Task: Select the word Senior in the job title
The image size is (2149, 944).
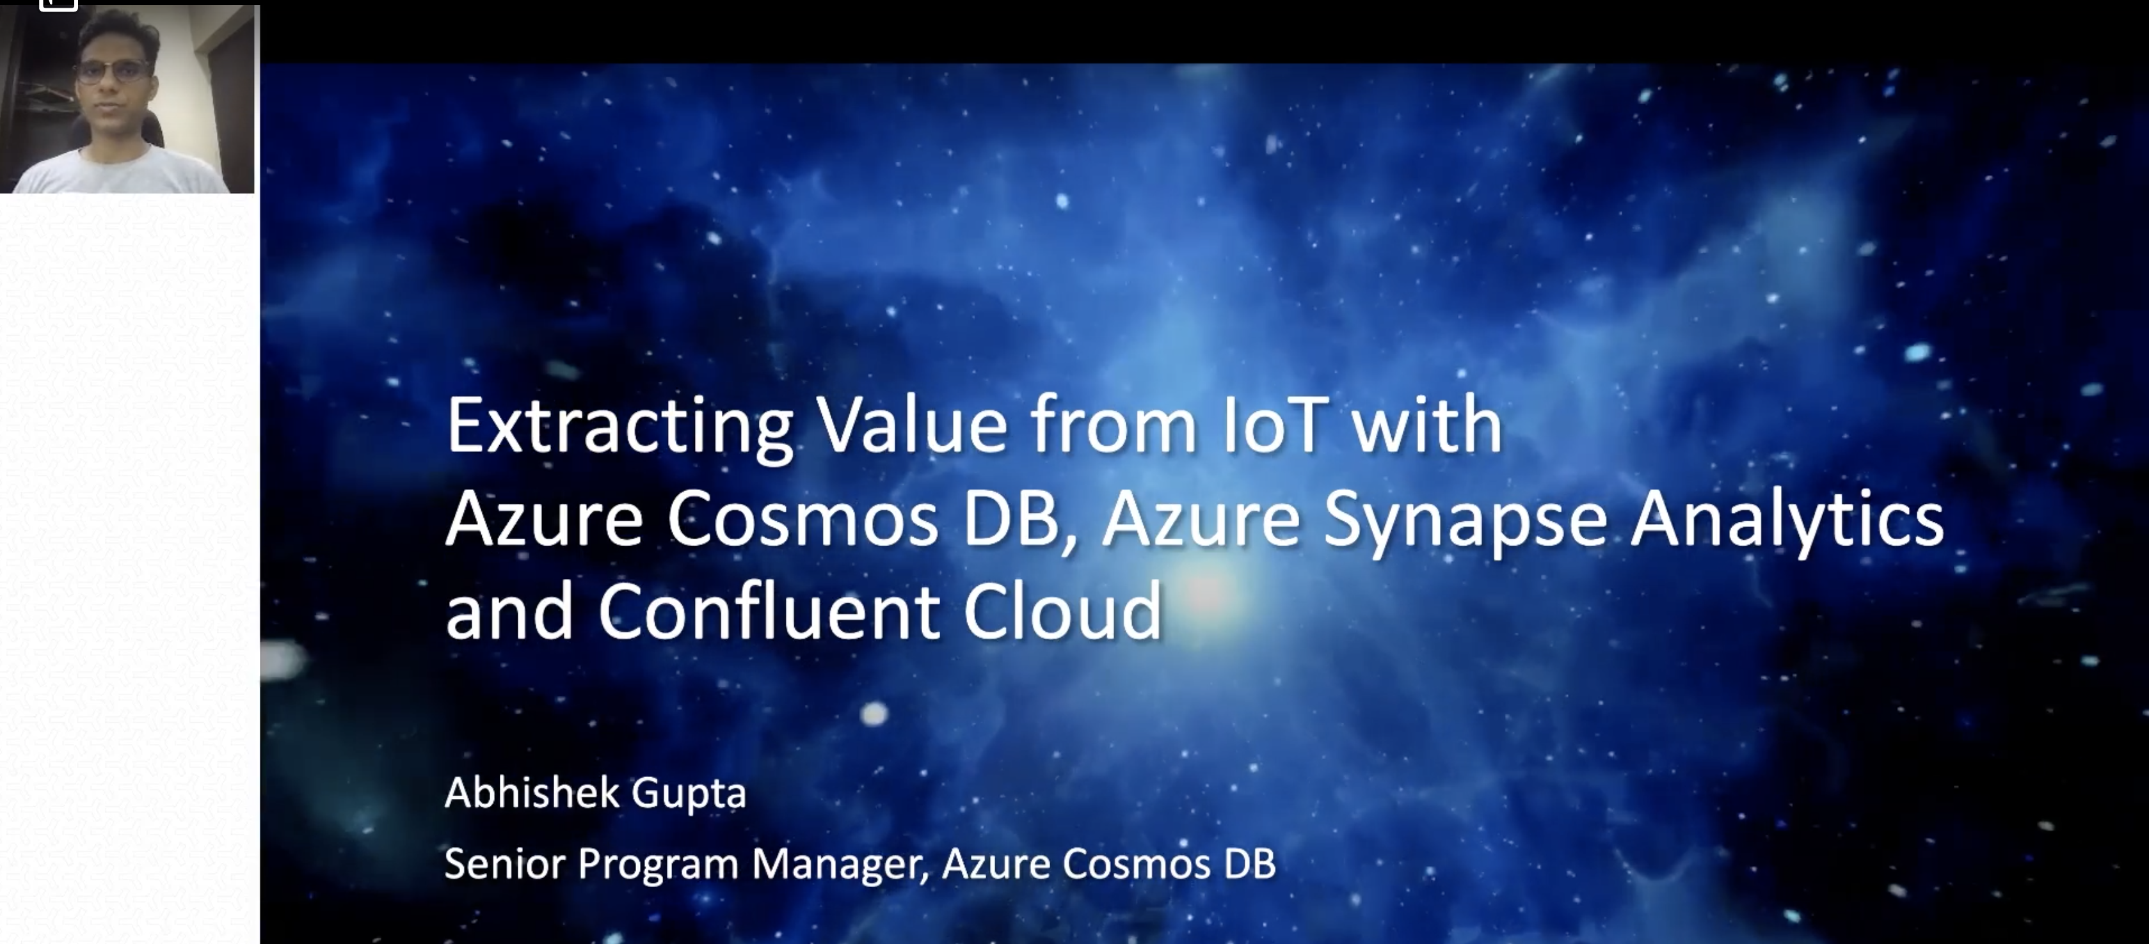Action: click(505, 863)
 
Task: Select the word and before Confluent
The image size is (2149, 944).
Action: click(509, 611)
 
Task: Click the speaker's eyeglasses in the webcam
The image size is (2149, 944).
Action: click(113, 71)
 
